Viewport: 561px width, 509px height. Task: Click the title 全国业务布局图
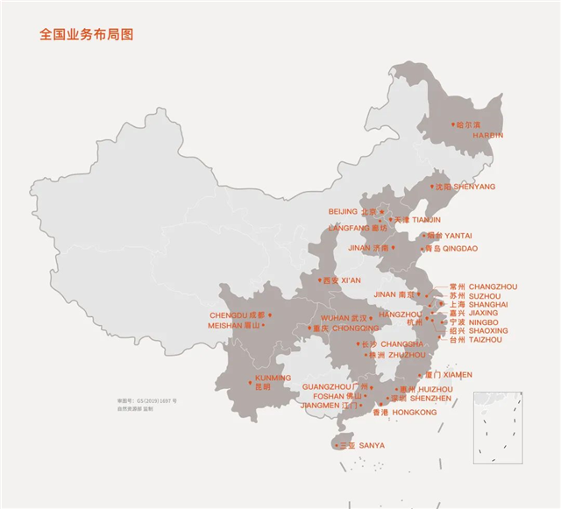[x=87, y=35]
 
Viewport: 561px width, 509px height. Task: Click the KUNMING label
[x=272, y=378]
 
